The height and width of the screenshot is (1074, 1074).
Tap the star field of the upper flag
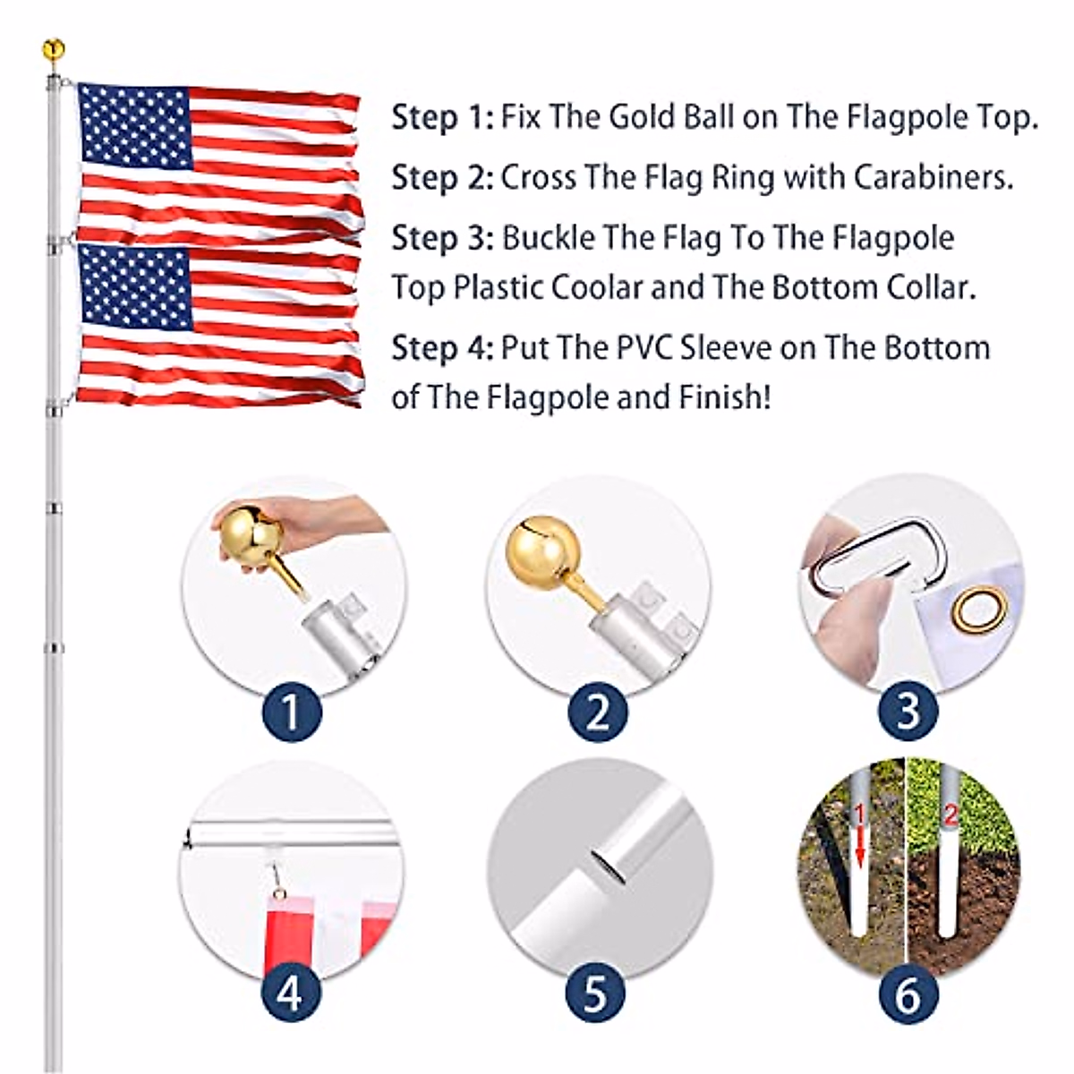[135, 126]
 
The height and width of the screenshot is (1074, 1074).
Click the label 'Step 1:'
[442, 117]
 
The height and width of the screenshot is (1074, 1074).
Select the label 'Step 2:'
[442, 177]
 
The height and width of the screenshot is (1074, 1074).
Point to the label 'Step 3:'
[442, 238]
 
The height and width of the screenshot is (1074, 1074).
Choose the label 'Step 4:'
[442, 347]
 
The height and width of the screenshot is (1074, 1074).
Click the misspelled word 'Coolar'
[597, 288]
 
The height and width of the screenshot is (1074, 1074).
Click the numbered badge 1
[291, 712]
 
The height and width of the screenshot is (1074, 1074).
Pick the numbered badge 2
[597, 712]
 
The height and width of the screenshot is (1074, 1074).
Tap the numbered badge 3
[907, 712]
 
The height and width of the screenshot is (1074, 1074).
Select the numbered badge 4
[291, 993]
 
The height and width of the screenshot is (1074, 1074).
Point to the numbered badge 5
[597, 993]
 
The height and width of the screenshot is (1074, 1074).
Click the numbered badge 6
[907, 993]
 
